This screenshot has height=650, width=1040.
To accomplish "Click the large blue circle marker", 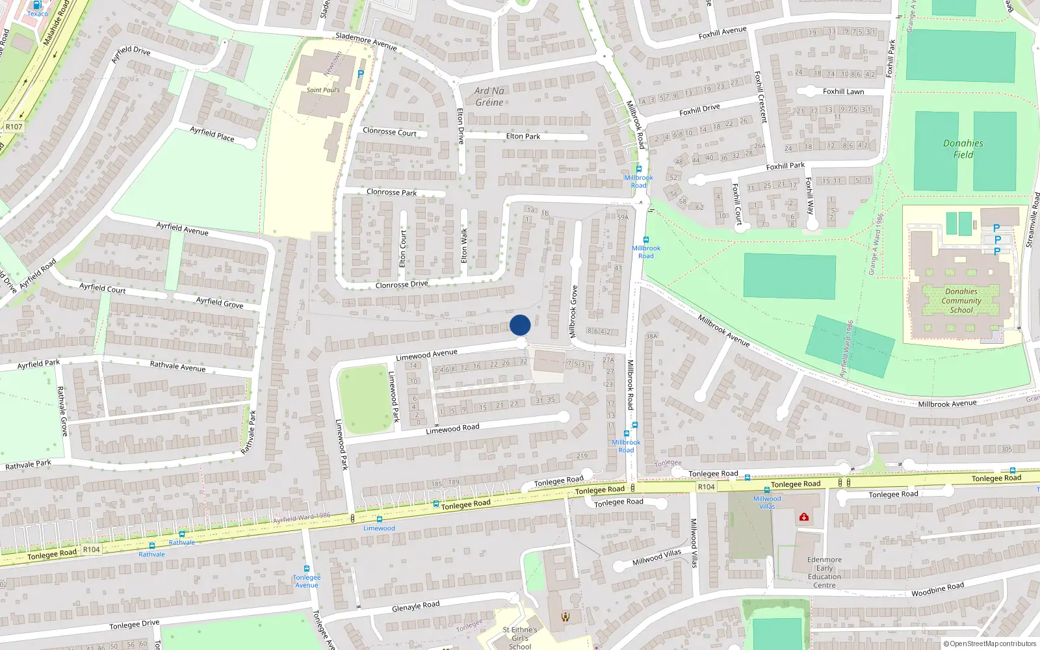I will (520, 325).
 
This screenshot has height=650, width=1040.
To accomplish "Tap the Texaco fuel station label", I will (37, 14).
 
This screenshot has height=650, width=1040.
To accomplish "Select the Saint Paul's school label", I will (323, 90).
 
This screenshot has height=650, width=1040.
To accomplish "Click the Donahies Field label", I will (963, 149).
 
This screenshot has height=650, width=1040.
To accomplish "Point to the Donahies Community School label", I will (961, 301).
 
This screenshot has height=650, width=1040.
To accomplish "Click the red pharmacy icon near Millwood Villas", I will (804, 517).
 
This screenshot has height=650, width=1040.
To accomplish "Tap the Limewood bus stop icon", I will (379, 519).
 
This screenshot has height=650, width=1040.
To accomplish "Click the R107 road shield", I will (14, 127).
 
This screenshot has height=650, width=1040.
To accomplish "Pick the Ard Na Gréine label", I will (489, 97).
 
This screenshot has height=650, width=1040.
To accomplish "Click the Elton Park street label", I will (523, 136).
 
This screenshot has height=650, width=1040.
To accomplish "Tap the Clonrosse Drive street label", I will (402, 285).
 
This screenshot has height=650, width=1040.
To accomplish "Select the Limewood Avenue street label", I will (426, 355).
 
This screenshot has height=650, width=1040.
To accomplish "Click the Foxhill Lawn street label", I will (843, 92).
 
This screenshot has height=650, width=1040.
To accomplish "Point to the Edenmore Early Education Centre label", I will (824, 572).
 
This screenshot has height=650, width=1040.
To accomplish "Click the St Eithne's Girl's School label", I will (519, 638).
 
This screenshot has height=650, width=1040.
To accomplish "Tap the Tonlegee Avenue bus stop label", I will (307, 581).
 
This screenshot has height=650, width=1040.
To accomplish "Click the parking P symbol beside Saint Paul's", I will (361, 74).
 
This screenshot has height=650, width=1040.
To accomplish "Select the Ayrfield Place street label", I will (212, 135).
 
